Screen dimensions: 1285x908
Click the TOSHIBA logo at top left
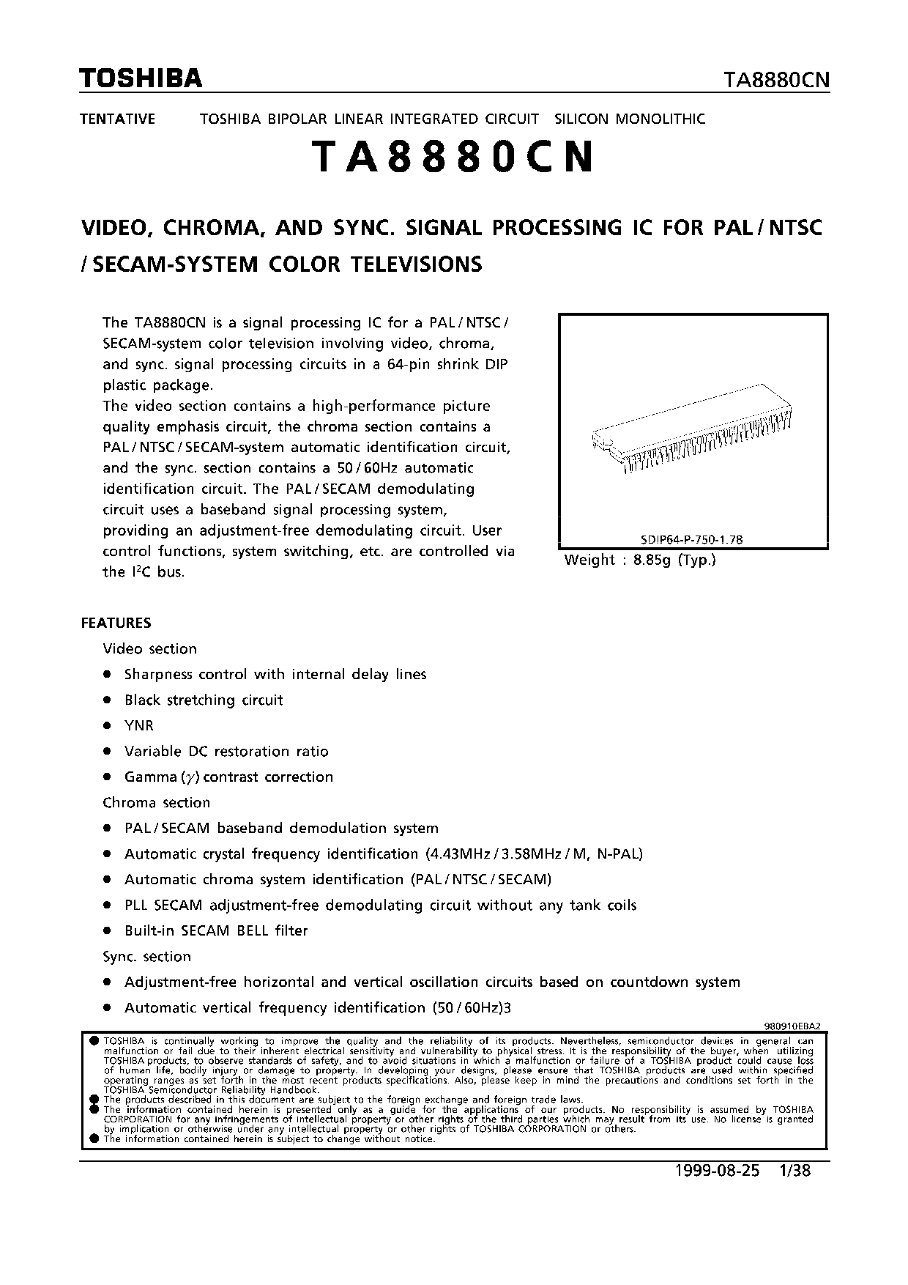tap(141, 78)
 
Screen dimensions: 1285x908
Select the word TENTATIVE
tap(117, 119)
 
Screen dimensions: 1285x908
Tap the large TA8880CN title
tap(453, 158)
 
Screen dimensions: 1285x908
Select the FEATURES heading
tap(116, 623)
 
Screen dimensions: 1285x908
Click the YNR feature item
tap(139, 725)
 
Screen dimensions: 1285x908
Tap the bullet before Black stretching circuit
tap(107, 700)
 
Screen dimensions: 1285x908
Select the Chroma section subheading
tap(156, 802)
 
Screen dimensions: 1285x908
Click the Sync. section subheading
tap(146, 956)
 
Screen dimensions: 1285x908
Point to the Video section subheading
tap(149, 648)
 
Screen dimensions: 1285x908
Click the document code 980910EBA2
tap(792, 1027)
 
